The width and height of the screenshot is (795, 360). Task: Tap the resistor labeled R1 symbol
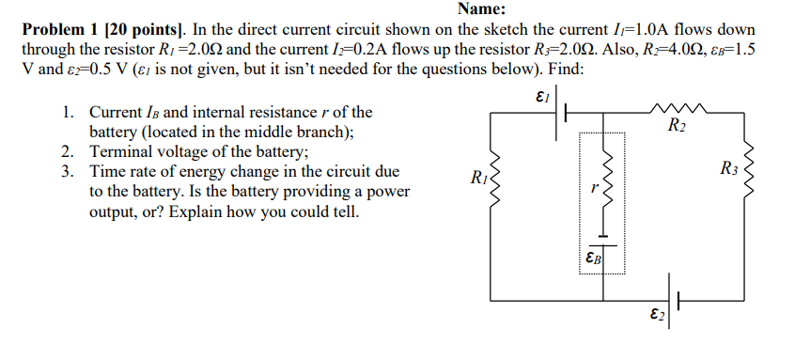click(x=488, y=180)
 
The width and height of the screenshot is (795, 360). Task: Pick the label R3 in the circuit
click(x=728, y=169)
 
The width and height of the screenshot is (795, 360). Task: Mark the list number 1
click(x=67, y=113)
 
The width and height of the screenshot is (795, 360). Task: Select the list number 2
click(x=67, y=152)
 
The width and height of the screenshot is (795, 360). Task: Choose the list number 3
click(x=67, y=172)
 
